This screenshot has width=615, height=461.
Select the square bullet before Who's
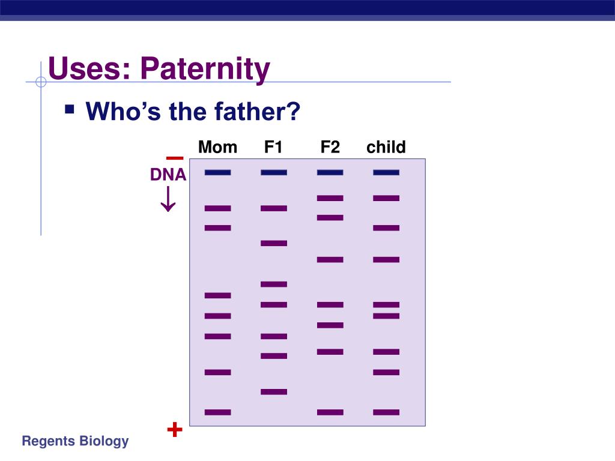[x=70, y=110]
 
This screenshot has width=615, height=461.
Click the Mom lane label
[x=217, y=147]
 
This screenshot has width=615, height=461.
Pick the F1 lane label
[x=273, y=147]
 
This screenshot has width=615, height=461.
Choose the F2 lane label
[x=330, y=147]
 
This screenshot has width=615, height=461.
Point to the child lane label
[x=386, y=147]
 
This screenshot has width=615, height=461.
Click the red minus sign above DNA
[x=175, y=158]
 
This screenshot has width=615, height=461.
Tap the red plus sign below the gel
[x=175, y=430]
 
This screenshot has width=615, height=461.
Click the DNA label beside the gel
[x=168, y=175]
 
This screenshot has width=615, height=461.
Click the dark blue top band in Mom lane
[x=217, y=172]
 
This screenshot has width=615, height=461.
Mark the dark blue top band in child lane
[x=386, y=172]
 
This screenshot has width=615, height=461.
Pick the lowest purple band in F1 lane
[x=274, y=392]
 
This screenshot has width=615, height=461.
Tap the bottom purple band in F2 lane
[x=330, y=412]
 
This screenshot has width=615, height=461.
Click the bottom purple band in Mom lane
[x=217, y=412]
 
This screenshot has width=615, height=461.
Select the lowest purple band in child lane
[x=386, y=412]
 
